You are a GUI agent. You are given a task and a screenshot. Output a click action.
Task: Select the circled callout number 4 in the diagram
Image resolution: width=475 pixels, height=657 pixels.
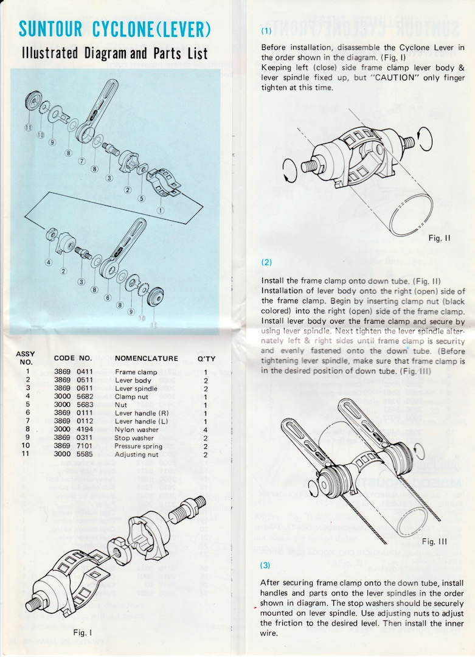click(48, 263)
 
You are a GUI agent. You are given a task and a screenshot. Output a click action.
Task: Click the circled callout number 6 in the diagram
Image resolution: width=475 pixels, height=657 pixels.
click(108, 298)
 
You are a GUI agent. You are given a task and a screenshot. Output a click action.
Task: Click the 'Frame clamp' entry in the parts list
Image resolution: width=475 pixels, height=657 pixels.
click(136, 372)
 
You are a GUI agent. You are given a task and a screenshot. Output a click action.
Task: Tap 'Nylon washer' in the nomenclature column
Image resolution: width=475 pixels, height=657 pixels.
click(136, 429)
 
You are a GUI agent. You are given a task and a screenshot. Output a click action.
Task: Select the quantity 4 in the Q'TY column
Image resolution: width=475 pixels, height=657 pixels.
click(206, 429)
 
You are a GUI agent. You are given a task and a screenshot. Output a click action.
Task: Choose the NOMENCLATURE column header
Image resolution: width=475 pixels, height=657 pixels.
click(146, 358)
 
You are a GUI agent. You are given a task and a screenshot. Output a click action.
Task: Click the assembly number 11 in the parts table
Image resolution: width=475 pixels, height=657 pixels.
click(27, 454)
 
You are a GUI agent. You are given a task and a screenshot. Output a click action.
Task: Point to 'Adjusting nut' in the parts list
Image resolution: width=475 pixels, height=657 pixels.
click(136, 454)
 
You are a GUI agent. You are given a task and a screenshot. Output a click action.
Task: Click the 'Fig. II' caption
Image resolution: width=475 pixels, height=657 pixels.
click(439, 238)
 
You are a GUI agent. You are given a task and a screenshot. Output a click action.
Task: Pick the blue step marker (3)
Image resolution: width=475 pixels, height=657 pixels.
click(267, 565)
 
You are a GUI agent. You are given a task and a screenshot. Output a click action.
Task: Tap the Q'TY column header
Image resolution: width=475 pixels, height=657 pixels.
click(206, 358)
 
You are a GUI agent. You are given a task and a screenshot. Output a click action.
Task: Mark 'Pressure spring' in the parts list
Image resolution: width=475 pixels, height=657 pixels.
click(139, 447)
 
